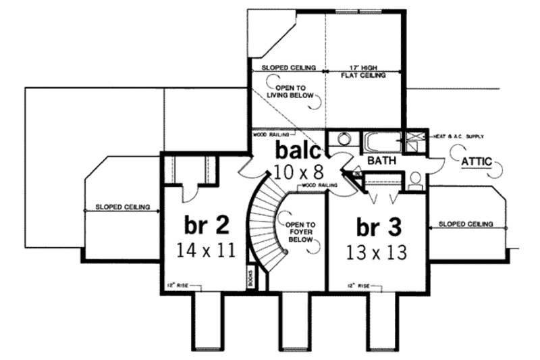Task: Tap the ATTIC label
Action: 476,162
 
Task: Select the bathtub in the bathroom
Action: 381,142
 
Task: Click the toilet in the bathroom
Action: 416,179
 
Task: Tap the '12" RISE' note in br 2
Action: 178,284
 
